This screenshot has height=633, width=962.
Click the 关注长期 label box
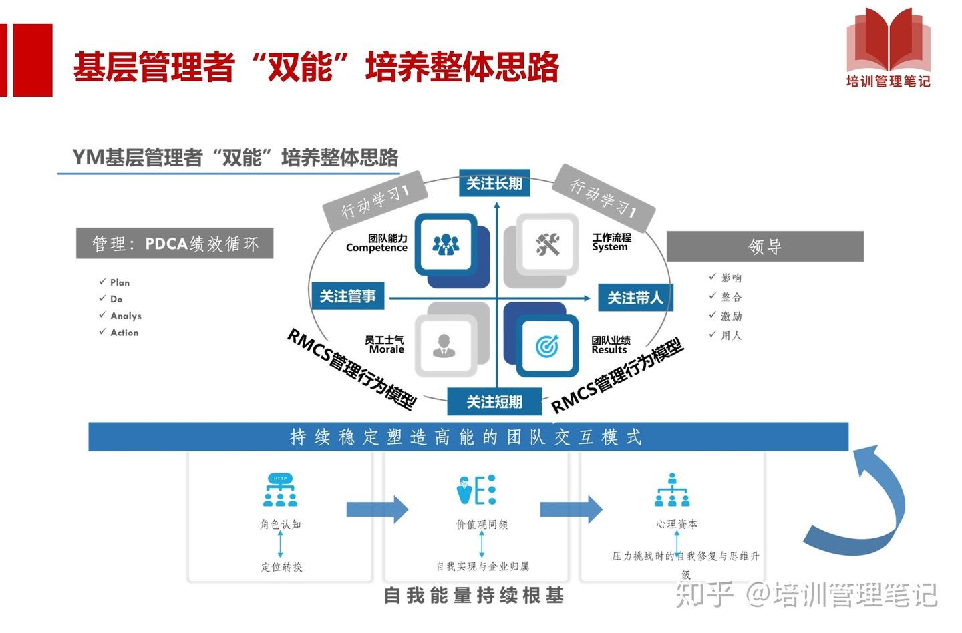tap(494, 183)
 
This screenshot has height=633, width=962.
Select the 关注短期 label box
tap(494, 401)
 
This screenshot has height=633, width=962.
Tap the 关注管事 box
tap(348, 296)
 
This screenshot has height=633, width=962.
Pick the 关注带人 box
tap(635, 298)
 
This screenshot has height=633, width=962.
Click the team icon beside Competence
tap(446, 244)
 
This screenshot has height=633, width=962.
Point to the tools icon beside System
tap(548, 244)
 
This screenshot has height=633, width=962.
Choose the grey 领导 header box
tap(765, 246)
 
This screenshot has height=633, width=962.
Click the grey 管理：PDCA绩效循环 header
tap(175, 244)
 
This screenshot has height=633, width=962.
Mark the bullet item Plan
tap(120, 282)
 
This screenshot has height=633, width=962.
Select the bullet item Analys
tap(126, 316)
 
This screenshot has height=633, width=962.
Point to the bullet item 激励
tap(731, 316)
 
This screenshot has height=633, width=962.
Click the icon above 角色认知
tap(280, 491)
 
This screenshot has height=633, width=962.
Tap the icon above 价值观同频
tap(477, 491)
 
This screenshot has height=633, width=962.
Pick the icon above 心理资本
tap(672, 491)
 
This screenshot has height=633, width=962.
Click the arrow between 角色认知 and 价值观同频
tap(377, 510)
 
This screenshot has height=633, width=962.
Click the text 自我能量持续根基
tap(474, 595)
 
